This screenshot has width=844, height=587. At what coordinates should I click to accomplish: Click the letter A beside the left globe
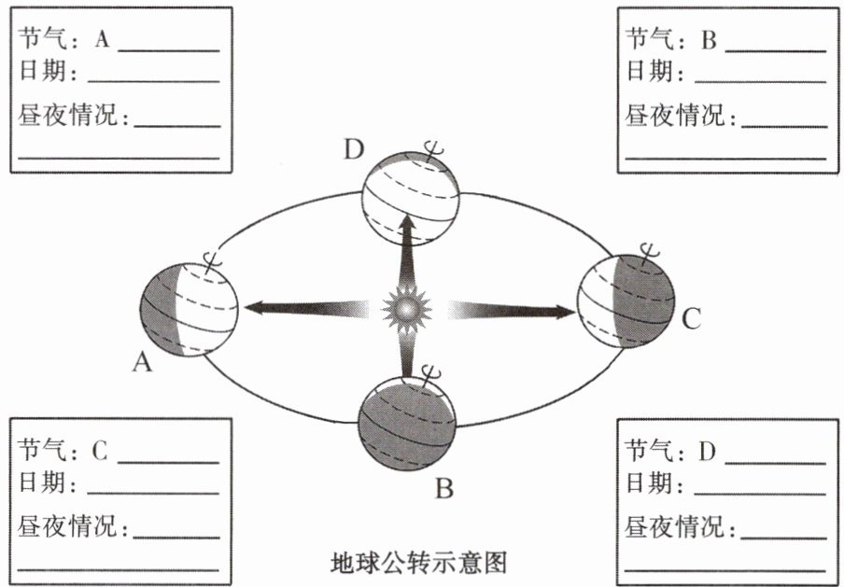(142, 362)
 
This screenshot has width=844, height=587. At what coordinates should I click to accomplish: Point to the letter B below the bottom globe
(444, 487)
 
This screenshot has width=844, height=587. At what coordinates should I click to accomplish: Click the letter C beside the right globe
(690, 320)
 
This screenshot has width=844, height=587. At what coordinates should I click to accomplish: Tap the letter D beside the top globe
(351, 149)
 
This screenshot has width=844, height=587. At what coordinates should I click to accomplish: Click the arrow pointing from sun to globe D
(407, 252)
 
